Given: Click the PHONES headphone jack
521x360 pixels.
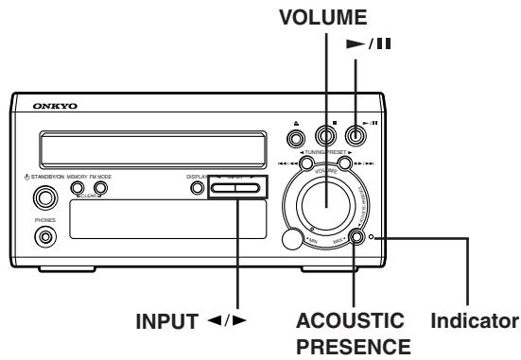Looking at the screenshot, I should pyautogui.click(x=43, y=236).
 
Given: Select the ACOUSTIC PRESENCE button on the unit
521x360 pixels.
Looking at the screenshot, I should pyautogui.click(x=356, y=237).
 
